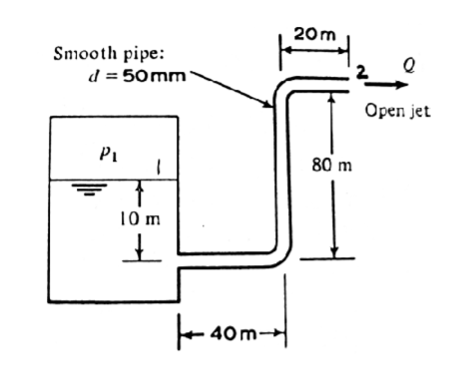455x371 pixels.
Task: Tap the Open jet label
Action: (x=397, y=111)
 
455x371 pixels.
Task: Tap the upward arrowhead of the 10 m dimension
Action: (x=142, y=185)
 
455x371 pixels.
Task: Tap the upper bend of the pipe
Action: (x=285, y=90)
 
